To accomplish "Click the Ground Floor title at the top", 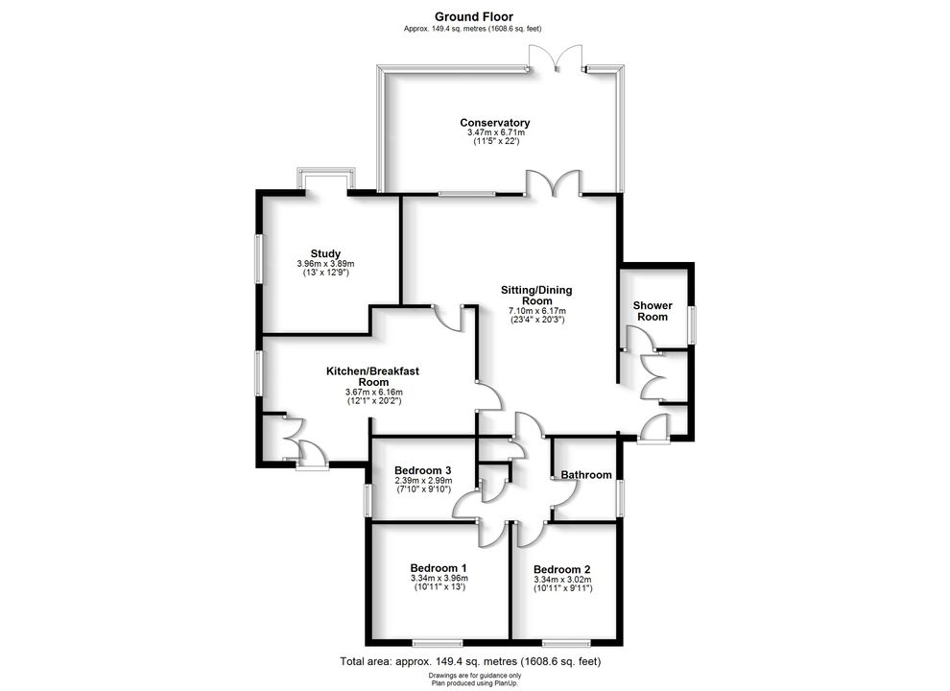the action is (x=474, y=16).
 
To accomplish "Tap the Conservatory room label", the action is (x=494, y=123).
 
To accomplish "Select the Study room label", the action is (x=325, y=253).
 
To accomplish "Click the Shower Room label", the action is (x=653, y=311).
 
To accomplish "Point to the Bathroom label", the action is (x=586, y=475).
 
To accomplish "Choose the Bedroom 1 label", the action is (x=438, y=568).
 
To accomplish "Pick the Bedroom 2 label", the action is (x=561, y=569).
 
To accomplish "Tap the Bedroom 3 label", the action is (x=422, y=470).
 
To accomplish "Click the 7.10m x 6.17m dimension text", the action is (x=536, y=311).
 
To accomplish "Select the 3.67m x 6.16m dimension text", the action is (x=373, y=393).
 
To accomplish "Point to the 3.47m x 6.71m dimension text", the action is (x=495, y=132).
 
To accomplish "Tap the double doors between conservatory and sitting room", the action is (x=553, y=183).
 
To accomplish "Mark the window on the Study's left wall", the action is (x=259, y=259).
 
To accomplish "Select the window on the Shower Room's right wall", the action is (x=691, y=325).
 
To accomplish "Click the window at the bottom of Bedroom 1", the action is (x=438, y=643).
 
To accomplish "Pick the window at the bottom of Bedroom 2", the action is (x=566, y=643).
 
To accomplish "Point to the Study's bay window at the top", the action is (x=326, y=179).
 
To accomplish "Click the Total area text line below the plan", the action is (x=470, y=661).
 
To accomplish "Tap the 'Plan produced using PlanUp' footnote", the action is (x=474, y=682).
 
